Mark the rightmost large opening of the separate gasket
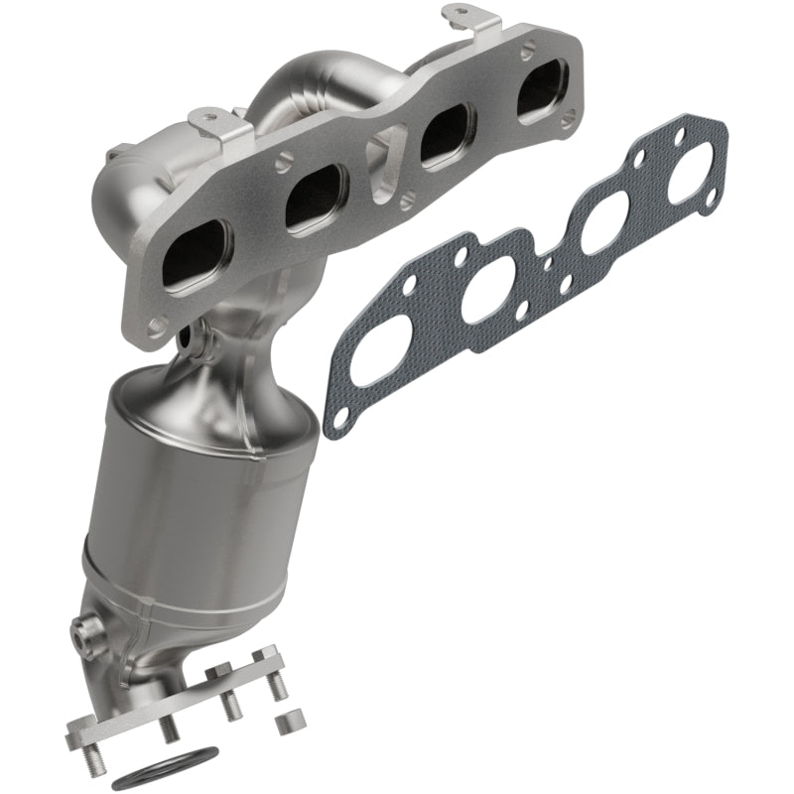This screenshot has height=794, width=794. coord(684,175)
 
